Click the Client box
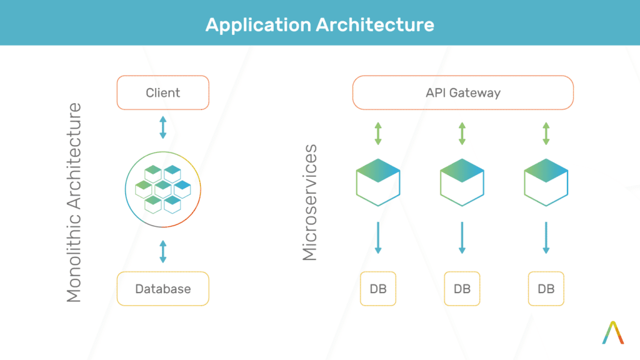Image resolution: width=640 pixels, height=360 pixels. click(162, 93)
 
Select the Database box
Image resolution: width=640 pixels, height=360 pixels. click(162, 289)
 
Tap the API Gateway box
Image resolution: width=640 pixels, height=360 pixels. click(462, 93)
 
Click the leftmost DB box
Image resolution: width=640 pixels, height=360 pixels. click(378, 289)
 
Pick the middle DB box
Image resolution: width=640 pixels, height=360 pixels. click(462, 289)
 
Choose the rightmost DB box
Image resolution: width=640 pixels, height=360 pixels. click(546, 289)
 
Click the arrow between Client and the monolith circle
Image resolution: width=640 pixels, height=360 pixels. click(163, 127)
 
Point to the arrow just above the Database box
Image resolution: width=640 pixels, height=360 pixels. click(163, 251)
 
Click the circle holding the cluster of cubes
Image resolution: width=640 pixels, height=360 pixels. click(163, 189)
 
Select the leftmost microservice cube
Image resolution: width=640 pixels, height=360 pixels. click(378, 182)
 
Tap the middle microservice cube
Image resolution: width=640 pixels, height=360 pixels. click(462, 182)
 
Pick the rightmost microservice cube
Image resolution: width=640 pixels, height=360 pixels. click(546, 182)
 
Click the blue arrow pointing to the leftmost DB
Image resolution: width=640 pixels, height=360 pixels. click(378, 237)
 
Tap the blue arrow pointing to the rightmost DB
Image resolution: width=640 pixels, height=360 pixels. click(546, 237)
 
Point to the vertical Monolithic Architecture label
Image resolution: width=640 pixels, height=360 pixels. click(74, 202)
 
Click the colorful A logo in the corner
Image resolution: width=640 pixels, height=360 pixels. click(613, 332)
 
